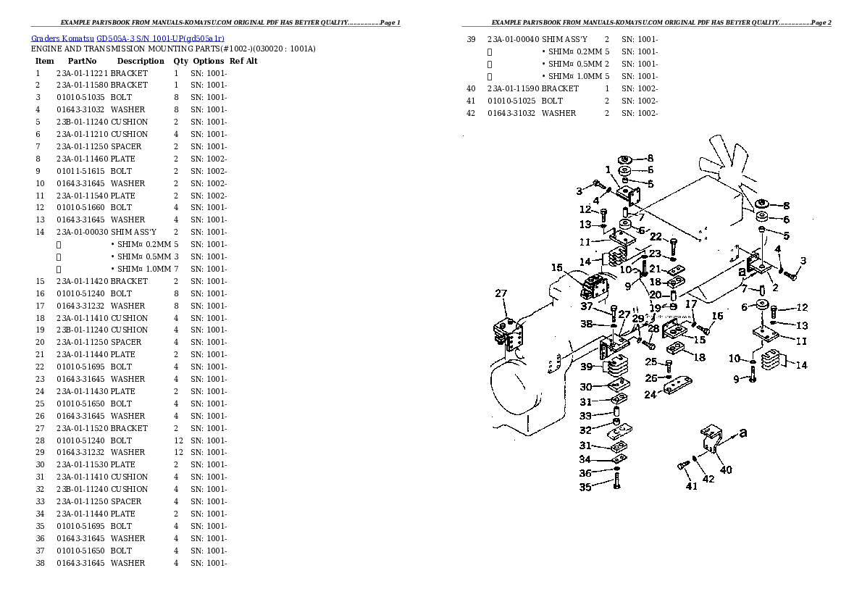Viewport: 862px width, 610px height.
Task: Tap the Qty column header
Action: (x=180, y=61)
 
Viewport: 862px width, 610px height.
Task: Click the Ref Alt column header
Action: (x=243, y=61)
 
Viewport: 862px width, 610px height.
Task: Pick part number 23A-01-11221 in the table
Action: (x=82, y=73)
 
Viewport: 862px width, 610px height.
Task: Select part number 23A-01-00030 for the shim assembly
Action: (x=82, y=232)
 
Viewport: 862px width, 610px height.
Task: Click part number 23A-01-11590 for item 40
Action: (x=513, y=88)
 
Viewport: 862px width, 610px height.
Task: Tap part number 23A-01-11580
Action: (x=82, y=85)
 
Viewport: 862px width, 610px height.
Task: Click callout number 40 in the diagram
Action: (x=726, y=469)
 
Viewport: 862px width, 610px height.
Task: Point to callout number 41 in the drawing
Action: (x=692, y=486)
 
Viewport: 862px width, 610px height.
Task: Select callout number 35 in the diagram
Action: (x=585, y=487)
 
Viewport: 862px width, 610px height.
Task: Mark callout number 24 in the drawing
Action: (x=650, y=395)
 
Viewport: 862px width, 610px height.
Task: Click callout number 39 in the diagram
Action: (x=587, y=367)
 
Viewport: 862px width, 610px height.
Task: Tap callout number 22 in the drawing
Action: (x=656, y=236)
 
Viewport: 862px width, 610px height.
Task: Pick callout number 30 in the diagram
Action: (x=586, y=387)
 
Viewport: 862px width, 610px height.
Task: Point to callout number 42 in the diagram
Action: (x=708, y=478)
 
